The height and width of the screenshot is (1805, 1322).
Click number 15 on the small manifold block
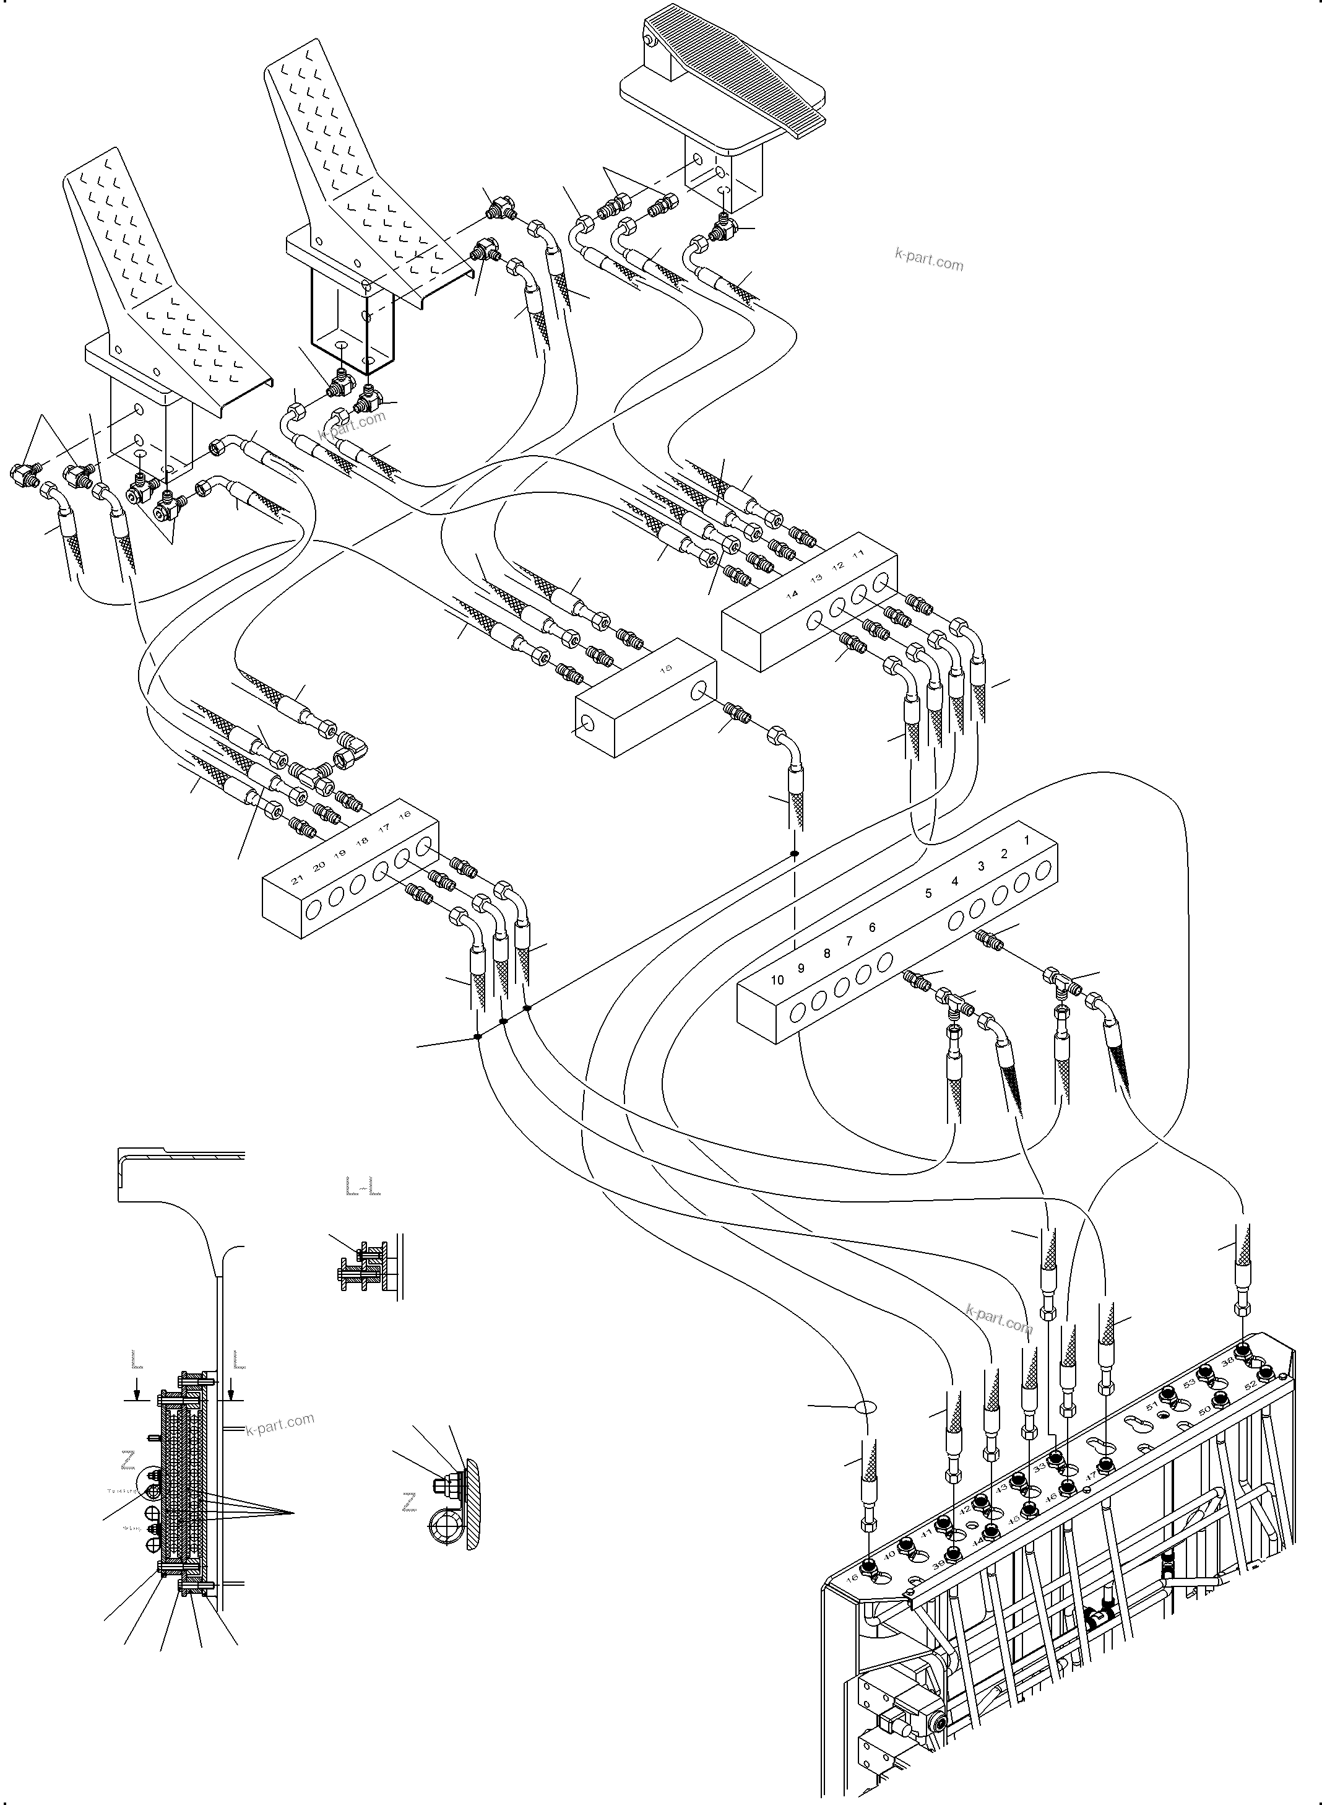click(666, 668)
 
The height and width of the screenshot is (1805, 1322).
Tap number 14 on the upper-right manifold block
click(792, 594)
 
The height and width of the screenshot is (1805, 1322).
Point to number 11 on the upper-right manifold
click(858, 554)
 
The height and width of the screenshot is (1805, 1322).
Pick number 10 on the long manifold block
click(777, 980)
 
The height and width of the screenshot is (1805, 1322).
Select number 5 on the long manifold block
click(928, 894)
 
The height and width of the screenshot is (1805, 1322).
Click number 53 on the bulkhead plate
click(1189, 1382)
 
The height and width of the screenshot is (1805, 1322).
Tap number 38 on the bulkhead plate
click(1227, 1361)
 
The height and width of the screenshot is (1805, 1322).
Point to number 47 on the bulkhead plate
click(1090, 1474)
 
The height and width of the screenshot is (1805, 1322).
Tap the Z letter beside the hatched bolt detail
click(410, 1506)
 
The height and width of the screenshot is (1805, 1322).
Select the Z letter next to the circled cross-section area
click(127, 1461)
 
